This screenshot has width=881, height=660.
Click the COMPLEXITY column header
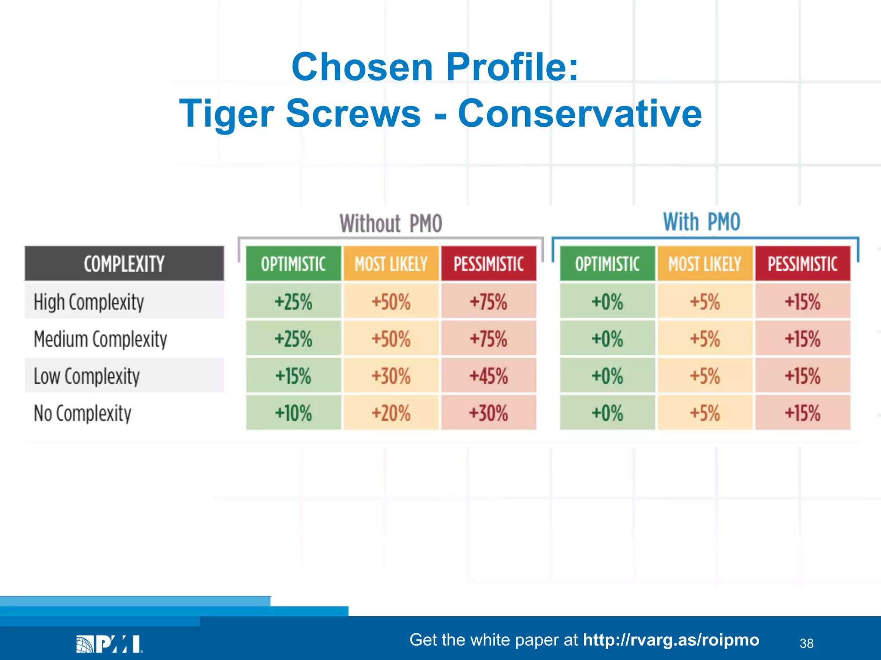click(x=124, y=263)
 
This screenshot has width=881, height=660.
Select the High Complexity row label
click(x=89, y=302)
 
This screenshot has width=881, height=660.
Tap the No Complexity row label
click(x=82, y=413)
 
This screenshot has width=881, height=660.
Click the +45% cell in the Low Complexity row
click(x=488, y=376)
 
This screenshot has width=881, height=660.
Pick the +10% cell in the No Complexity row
click(x=293, y=413)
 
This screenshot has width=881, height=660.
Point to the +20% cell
click(x=391, y=413)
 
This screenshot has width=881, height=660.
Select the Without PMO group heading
click(x=391, y=223)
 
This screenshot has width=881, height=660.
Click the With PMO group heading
click(x=701, y=222)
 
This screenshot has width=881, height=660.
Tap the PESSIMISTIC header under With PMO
click(x=802, y=263)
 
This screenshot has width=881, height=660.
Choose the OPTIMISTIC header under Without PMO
click(x=293, y=263)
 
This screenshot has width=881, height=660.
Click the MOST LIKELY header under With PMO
click(x=705, y=263)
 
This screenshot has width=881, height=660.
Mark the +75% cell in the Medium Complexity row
click(x=488, y=339)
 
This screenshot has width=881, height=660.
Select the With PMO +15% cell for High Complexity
click(x=802, y=302)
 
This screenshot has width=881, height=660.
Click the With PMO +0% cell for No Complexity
click(x=607, y=413)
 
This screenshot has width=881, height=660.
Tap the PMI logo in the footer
click(x=109, y=644)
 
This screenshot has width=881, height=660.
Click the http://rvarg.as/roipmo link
click(x=671, y=640)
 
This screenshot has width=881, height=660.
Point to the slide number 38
click(x=806, y=643)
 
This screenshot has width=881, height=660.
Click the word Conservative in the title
click(x=579, y=113)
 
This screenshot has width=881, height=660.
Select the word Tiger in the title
click(x=226, y=113)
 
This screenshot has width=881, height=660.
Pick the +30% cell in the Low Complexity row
click(x=391, y=376)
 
